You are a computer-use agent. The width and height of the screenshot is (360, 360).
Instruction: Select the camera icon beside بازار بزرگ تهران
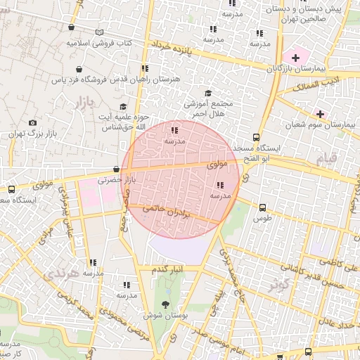pos(32,123)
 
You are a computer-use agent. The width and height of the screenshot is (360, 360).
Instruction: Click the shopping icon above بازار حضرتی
pos(116,169)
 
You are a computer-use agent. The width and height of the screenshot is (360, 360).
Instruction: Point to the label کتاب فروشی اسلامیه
pos(99,43)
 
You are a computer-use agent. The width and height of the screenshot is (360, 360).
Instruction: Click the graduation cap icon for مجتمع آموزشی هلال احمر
pos(207,94)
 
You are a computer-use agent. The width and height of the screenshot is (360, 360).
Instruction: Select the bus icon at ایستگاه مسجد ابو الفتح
pos(255,138)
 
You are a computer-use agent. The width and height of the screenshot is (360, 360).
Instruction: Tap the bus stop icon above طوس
pos(262,207)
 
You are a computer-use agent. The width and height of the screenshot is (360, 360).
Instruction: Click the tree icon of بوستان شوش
pos(165,304)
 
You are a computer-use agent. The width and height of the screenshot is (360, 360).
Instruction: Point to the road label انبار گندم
pos(167,269)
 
